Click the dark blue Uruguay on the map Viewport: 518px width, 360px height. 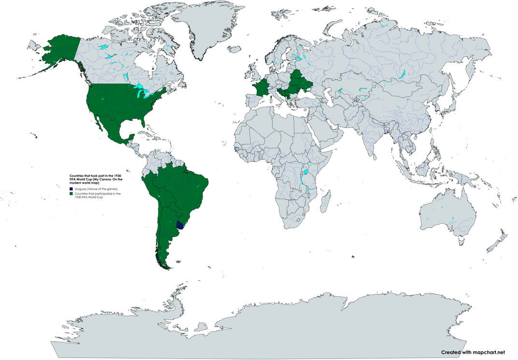click(x=181, y=225)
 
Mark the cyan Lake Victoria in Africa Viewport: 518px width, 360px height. click(x=305, y=171)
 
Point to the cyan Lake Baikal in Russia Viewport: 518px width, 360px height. click(x=401, y=75)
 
